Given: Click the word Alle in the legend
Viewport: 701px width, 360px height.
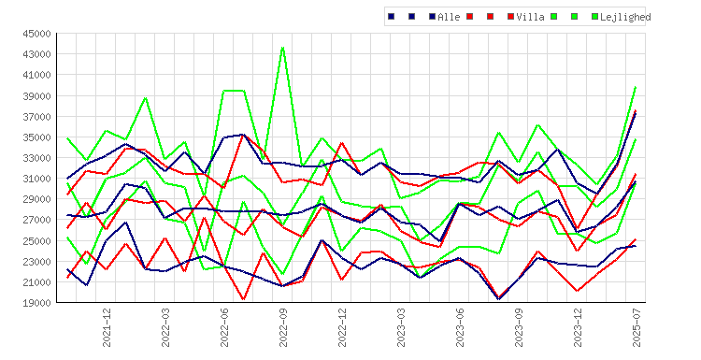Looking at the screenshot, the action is (x=449, y=17).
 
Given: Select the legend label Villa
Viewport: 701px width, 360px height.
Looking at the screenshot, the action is (x=530, y=17).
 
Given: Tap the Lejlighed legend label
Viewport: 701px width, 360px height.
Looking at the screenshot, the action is (x=625, y=17).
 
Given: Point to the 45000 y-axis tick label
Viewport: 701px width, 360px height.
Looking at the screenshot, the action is (x=37, y=34).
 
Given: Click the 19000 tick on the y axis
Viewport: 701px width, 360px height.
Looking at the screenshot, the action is (x=37, y=303).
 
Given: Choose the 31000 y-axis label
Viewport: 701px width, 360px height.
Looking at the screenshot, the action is (x=37, y=179).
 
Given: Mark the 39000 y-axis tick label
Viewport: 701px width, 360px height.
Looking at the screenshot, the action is (x=37, y=95).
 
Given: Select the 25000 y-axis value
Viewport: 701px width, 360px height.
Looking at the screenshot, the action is (x=37, y=240).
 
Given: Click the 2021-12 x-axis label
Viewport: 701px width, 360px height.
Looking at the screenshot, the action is (x=107, y=327).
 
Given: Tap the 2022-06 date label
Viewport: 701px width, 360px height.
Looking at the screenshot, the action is (x=224, y=327).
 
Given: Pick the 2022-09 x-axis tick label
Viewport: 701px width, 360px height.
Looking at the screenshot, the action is (x=283, y=327).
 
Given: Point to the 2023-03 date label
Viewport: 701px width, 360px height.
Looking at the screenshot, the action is (x=401, y=327).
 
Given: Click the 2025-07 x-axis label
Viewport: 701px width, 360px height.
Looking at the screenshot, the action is (x=637, y=327).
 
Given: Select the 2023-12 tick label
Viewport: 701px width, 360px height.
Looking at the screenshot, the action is (x=578, y=327).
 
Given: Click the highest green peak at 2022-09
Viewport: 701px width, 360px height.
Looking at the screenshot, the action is (x=283, y=48).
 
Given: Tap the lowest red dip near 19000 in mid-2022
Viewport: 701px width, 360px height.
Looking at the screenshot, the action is (x=244, y=299).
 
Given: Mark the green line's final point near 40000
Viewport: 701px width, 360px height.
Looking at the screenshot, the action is (x=636, y=87).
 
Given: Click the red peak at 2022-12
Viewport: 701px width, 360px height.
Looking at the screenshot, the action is (x=342, y=143).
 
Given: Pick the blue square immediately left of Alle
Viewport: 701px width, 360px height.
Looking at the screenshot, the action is (x=433, y=17).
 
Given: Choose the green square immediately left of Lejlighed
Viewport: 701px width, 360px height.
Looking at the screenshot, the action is (x=595, y=17).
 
